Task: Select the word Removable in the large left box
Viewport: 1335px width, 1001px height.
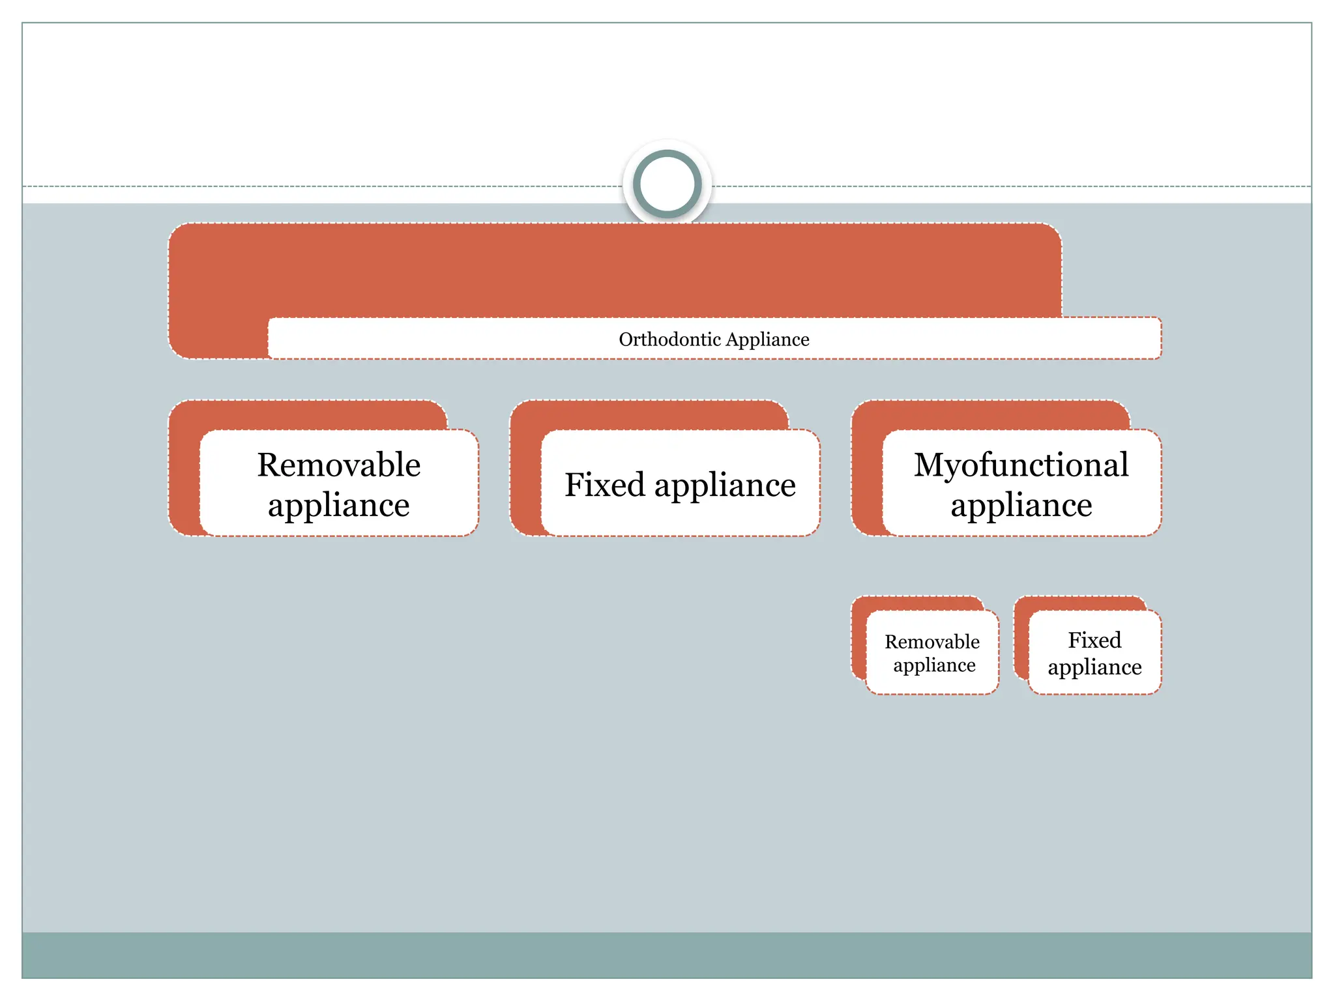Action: pyautogui.click(x=338, y=465)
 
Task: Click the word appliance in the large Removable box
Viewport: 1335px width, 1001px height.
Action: pyautogui.click(x=338, y=505)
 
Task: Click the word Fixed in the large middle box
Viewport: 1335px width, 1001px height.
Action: pyautogui.click(x=604, y=485)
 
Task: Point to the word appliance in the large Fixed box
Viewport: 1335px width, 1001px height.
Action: pyautogui.click(x=725, y=486)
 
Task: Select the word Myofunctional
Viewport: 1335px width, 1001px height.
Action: pyautogui.click(x=1021, y=465)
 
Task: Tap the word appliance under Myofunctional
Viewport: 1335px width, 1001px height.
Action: pyautogui.click(x=1021, y=505)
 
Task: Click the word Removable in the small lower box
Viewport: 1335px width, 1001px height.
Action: pyautogui.click(x=932, y=642)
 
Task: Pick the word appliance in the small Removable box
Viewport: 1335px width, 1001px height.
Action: pyautogui.click(x=933, y=665)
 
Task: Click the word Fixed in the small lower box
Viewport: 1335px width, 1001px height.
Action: pyautogui.click(x=1094, y=640)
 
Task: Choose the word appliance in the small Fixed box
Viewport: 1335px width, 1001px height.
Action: pyautogui.click(x=1094, y=667)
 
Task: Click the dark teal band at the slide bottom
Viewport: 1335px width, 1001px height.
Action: pyautogui.click(x=667, y=955)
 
